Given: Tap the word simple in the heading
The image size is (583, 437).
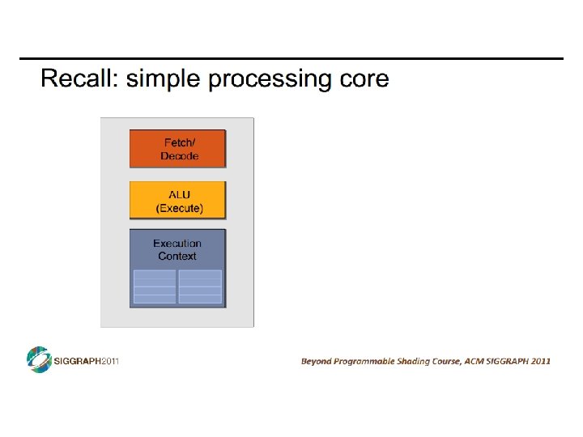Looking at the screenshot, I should pos(164,79).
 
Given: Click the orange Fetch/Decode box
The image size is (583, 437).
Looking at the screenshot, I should pos(178,149).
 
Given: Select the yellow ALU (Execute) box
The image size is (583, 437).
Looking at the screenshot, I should pos(178,201).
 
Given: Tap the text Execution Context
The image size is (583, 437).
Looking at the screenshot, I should pos(177,249).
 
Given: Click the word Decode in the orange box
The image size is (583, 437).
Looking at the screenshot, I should pos(179,156).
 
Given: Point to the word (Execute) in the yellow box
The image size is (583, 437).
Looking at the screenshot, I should pos(179,208).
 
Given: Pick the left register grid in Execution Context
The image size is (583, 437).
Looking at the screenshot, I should pos(154,286).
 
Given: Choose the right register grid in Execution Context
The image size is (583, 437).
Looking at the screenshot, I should pos(200,286).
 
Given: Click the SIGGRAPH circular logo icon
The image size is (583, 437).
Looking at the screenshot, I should pos(38,359).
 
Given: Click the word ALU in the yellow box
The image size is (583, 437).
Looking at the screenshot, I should pos(179,194).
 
